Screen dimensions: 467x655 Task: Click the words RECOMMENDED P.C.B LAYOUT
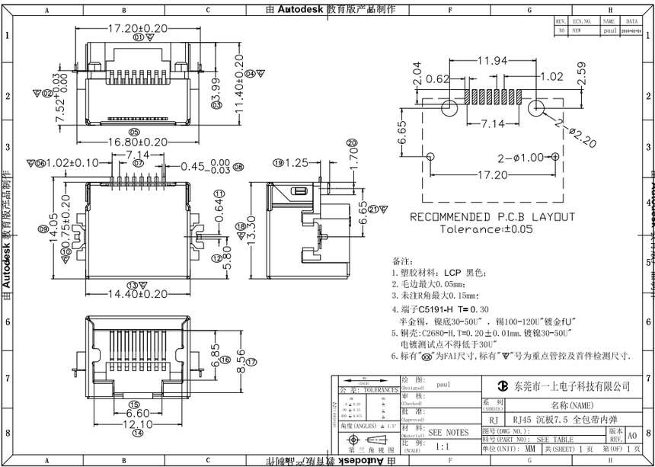[493, 217]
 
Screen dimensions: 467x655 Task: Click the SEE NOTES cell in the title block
[449, 432]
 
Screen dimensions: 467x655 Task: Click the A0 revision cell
[631, 436]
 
